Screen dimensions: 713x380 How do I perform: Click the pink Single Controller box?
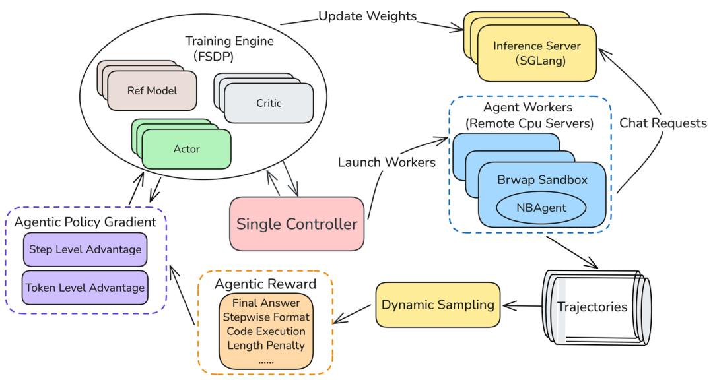click(x=296, y=224)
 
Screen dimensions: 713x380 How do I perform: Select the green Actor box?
click(x=186, y=149)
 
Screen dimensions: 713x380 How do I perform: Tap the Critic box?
click(x=269, y=103)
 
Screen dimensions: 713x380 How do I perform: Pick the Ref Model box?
click(x=152, y=90)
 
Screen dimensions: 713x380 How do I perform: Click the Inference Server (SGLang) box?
click(x=537, y=53)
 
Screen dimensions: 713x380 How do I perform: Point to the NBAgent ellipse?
click(x=541, y=208)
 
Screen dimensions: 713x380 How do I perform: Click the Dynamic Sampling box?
click(x=438, y=305)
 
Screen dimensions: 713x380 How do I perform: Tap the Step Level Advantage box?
click(x=85, y=249)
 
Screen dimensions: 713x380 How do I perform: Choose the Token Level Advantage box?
click(x=85, y=288)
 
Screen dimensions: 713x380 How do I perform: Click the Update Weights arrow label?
click(x=368, y=16)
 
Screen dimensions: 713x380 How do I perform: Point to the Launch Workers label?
click(x=386, y=162)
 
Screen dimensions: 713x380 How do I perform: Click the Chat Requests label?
click(x=663, y=123)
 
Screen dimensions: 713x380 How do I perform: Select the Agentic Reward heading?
click(x=265, y=284)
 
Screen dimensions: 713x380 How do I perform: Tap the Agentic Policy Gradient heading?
click(x=85, y=222)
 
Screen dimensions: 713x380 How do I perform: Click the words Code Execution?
click(x=266, y=331)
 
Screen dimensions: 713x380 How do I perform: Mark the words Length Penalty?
click(x=266, y=346)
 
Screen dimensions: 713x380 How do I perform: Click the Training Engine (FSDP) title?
click(x=229, y=48)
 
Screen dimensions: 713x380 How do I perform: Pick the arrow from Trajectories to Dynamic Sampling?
click(x=523, y=306)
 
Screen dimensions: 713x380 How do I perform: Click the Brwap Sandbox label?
click(x=542, y=180)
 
